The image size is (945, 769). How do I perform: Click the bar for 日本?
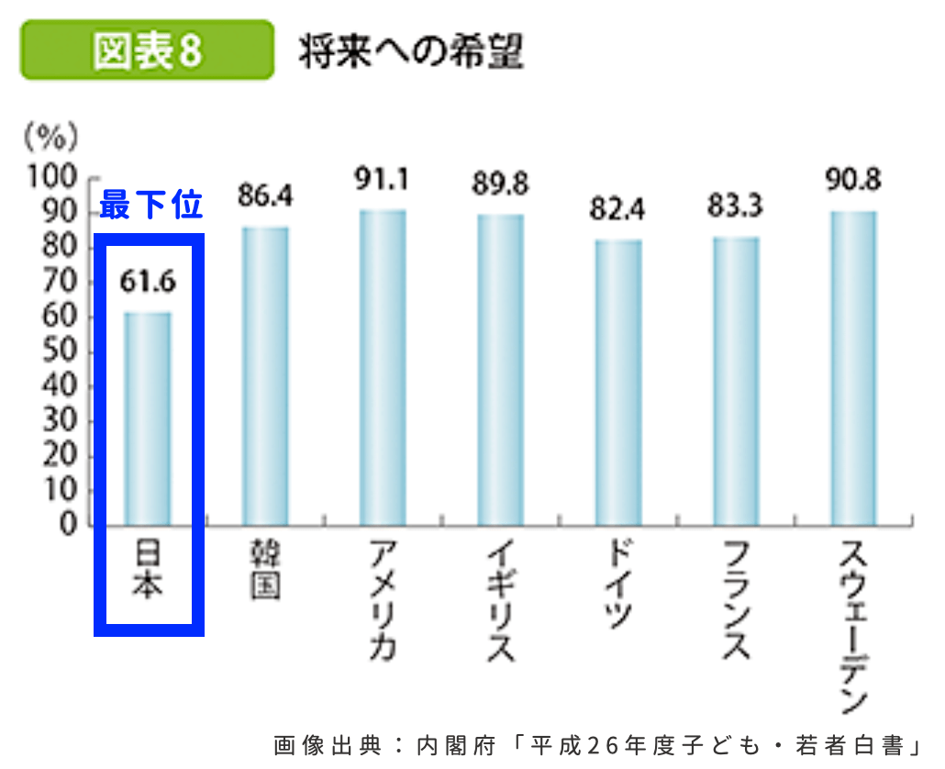coord(148,419)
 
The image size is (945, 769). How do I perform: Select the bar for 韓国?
coord(265,376)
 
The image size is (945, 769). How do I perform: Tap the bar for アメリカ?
coord(383,368)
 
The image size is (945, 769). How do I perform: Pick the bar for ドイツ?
coord(618,383)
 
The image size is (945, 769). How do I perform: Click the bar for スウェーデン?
coord(853,368)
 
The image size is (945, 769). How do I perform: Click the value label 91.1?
coord(383,180)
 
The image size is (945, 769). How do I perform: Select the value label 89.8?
coord(500,184)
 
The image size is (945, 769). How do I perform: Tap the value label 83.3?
coord(735,206)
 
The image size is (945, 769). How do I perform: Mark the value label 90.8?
coord(853,179)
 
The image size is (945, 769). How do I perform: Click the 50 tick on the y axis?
coord(61,351)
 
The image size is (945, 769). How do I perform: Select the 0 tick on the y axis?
coord(68,525)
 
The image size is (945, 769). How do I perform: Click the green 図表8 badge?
coord(147,50)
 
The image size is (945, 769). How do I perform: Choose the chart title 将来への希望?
coord(410,52)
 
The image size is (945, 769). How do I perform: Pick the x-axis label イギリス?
coord(500,601)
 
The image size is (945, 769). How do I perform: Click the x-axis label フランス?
coord(735,601)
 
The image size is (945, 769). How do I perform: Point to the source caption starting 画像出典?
coord(595,744)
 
